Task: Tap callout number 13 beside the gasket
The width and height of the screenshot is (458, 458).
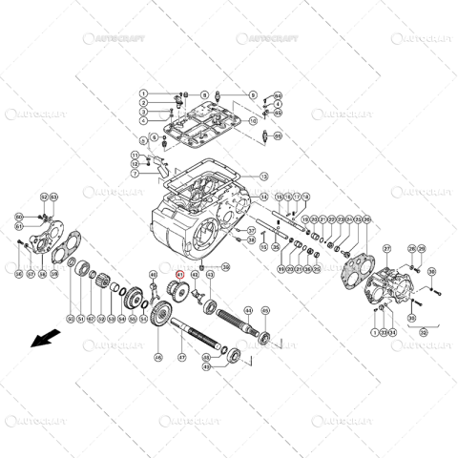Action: point(264,177)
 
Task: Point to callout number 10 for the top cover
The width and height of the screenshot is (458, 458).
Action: point(254,121)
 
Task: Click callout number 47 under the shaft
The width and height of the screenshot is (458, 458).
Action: point(182,358)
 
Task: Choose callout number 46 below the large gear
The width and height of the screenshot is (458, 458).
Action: point(158,358)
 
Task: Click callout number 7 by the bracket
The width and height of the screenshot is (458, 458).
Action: point(135,175)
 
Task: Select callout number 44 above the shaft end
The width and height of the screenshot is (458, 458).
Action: point(248,310)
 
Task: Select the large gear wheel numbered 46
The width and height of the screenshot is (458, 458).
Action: point(163,314)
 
